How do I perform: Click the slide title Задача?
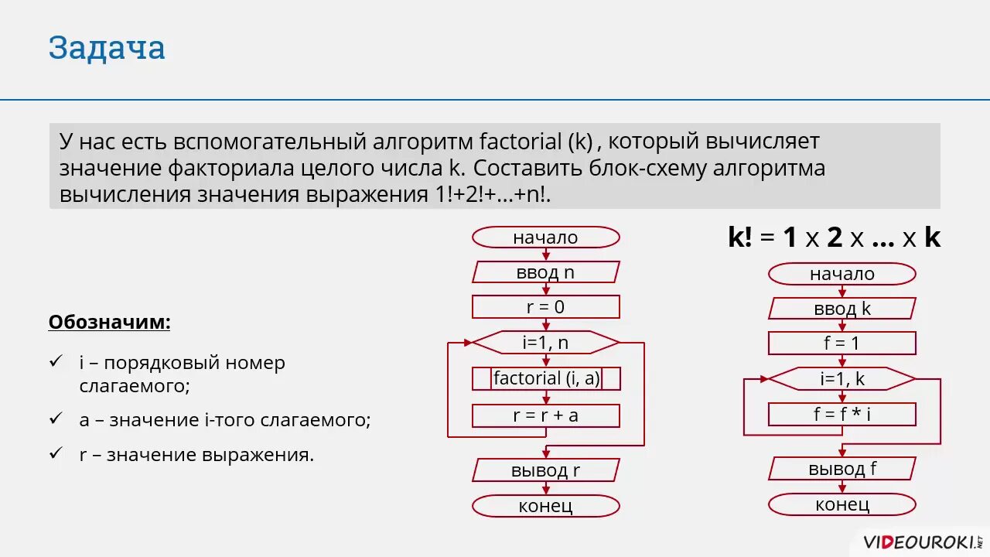pyautogui.click(x=107, y=48)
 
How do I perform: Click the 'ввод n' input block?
pyautogui.click(x=545, y=272)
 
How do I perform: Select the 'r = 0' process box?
pyautogui.click(x=545, y=307)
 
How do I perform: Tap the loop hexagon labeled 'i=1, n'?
pyautogui.click(x=545, y=342)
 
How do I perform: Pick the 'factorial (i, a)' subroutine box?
pyautogui.click(x=545, y=378)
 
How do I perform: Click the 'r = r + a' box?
pyautogui.click(x=545, y=415)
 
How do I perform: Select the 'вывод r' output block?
pyautogui.click(x=545, y=470)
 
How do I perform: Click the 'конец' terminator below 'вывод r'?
pyautogui.click(x=545, y=506)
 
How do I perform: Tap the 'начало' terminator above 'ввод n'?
pyautogui.click(x=545, y=237)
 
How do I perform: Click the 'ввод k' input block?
pyautogui.click(x=841, y=309)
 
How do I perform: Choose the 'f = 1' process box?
pyautogui.click(x=841, y=343)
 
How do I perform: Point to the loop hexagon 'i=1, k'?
pyautogui.click(x=841, y=379)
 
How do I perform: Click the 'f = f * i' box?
pyautogui.click(x=841, y=414)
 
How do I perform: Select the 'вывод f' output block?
pyautogui.click(x=841, y=469)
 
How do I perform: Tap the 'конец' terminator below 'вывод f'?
pyautogui.click(x=841, y=505)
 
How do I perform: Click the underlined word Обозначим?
pyautogui.click(x=109, y=322)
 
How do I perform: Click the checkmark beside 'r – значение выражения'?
pyautogui.click(x=55, y=453)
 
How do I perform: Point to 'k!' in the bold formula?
pyautogui.click(x=739, y=238)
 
